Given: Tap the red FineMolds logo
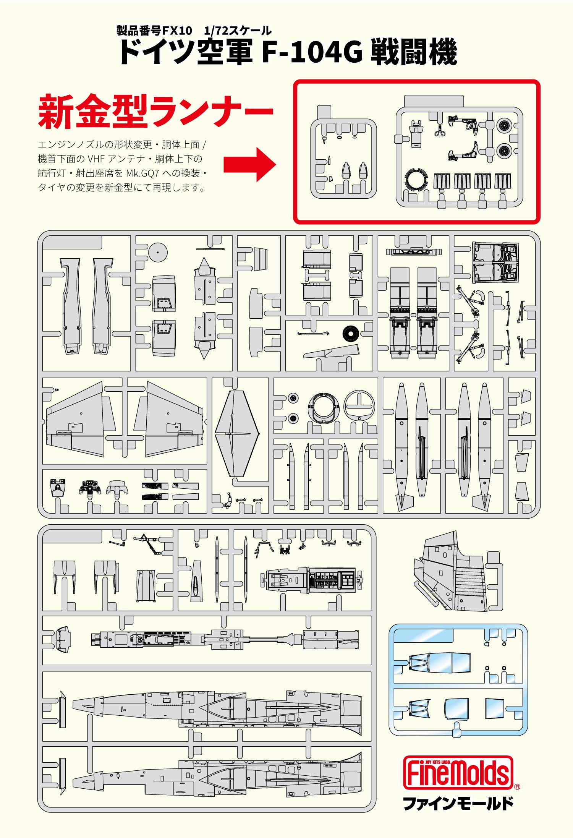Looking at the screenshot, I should pyautogui.click(x=458, y=772).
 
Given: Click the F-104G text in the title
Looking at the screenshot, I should pyautogui.click(x=311, y=52).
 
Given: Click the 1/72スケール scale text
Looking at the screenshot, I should pyautogui.click(x=238, y=31).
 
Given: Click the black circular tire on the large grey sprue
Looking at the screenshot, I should pyautogui.click(x=350, y=333).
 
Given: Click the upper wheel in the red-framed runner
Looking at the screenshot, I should pyautogui.click(x=504, y=125).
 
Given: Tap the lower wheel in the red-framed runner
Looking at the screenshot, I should pyautogui.click(x=504, y=151).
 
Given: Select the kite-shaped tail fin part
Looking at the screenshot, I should pyautogui.click(x=237, y=433).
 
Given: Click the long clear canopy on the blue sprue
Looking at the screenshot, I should pyautogui.click(x=439, y=663).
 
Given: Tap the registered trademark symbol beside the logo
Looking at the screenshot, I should pyautogui.click(x=517, y=786).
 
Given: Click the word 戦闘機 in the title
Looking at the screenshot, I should pyautogui.click(x=414, y=52).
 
